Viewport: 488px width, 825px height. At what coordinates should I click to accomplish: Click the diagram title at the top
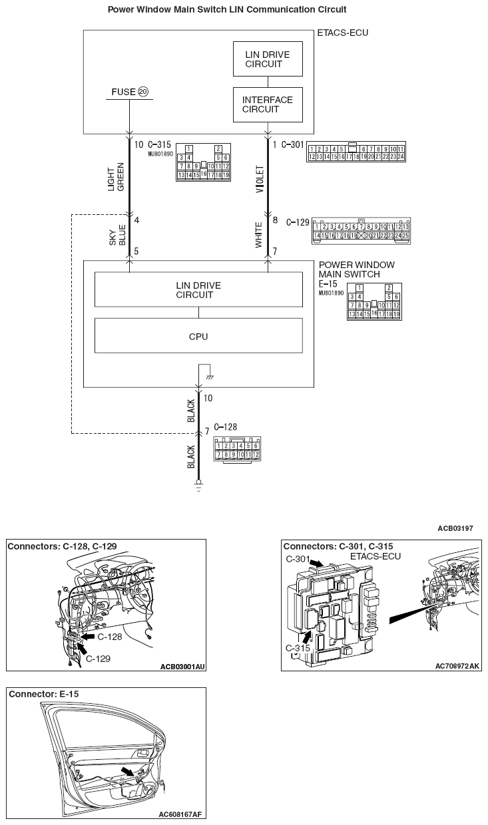click(226, 10)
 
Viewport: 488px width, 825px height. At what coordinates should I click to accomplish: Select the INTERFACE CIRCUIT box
click(268, 104)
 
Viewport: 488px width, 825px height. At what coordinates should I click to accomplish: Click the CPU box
click(198, 336)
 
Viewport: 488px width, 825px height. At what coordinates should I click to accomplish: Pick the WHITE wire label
click(260, 236)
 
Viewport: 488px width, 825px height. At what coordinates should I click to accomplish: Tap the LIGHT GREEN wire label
click(116, 177)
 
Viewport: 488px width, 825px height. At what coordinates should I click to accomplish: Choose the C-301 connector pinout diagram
click(356, 152)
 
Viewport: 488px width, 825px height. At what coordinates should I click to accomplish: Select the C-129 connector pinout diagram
click(361, 230)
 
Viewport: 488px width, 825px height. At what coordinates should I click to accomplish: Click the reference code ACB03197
click(455, 528)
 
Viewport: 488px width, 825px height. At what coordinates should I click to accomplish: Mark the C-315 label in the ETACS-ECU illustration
click(298, 647)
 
